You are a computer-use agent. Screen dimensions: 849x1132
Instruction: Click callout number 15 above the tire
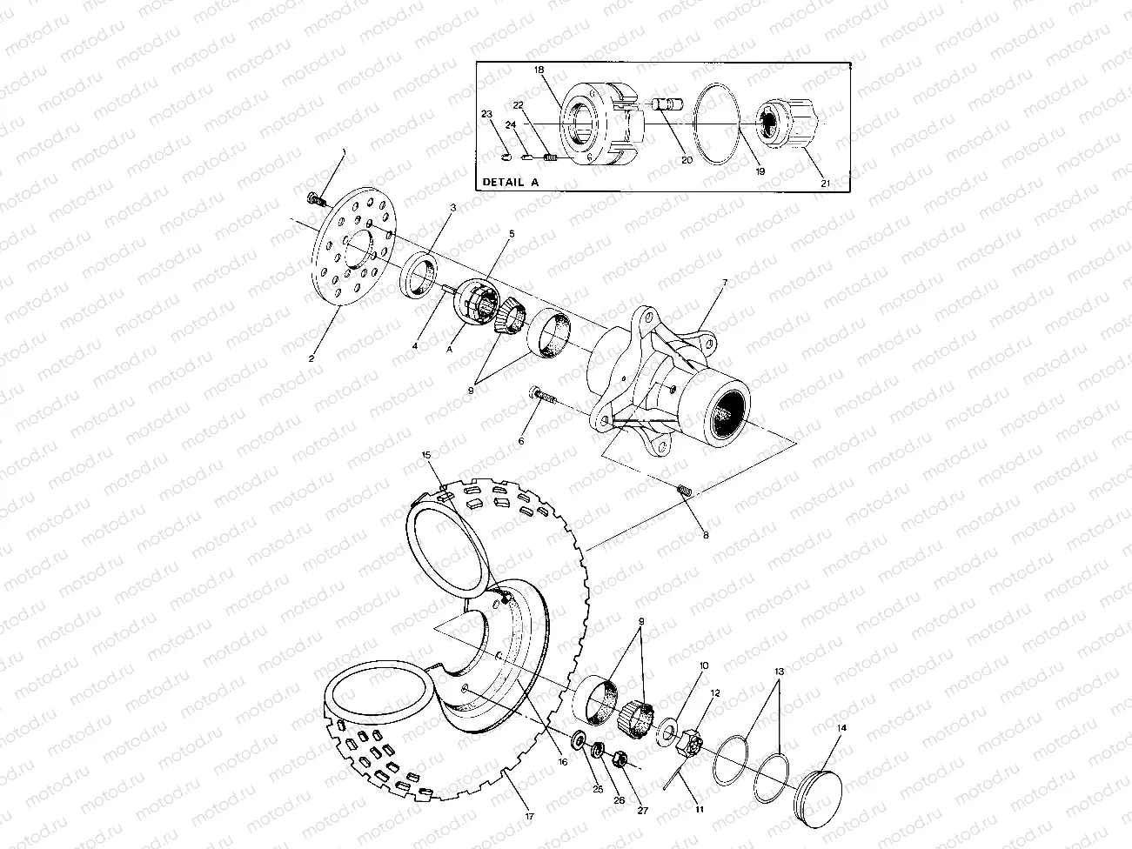426,455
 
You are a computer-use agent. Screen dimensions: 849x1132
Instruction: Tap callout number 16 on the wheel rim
563,761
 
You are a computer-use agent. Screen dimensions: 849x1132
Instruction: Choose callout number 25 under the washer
597,790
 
